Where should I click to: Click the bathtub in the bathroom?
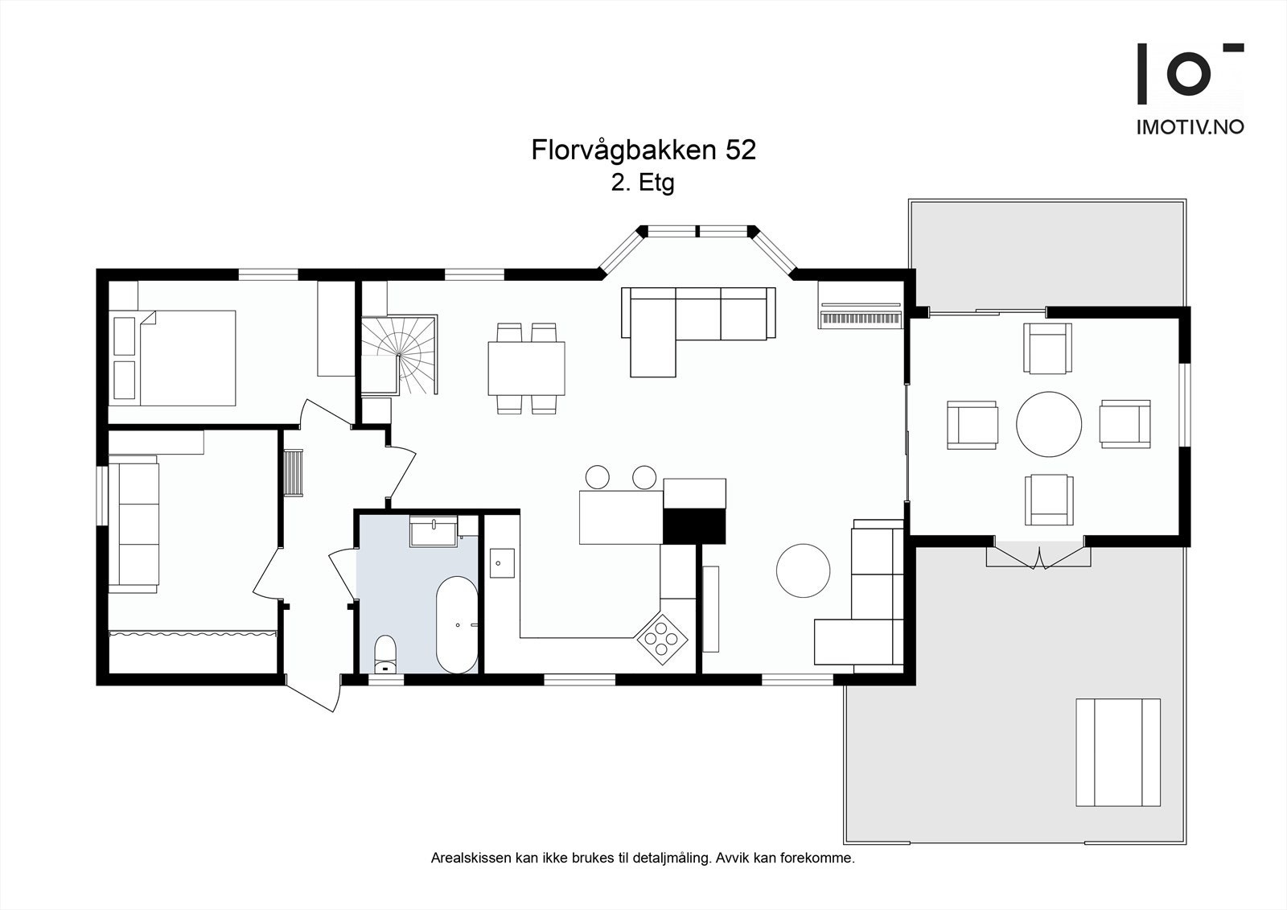click(457, 624)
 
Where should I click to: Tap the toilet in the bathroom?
click(386, 653)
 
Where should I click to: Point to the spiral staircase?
click(399, 354)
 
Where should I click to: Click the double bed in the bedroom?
click(187, 358)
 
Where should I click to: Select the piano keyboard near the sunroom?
click(860, 319)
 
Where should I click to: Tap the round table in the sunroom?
click(1049, 424)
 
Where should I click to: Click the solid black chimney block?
click(694, 526)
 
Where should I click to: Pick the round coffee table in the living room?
click(803, 570)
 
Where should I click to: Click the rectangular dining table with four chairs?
click(526, 369)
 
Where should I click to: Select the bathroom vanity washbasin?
click(434, 532)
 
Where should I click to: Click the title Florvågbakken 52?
click(643, 150)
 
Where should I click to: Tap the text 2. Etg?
click(642, 183)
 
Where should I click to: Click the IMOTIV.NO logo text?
click(1190, 127)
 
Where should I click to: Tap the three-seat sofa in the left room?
click(134, 524)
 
